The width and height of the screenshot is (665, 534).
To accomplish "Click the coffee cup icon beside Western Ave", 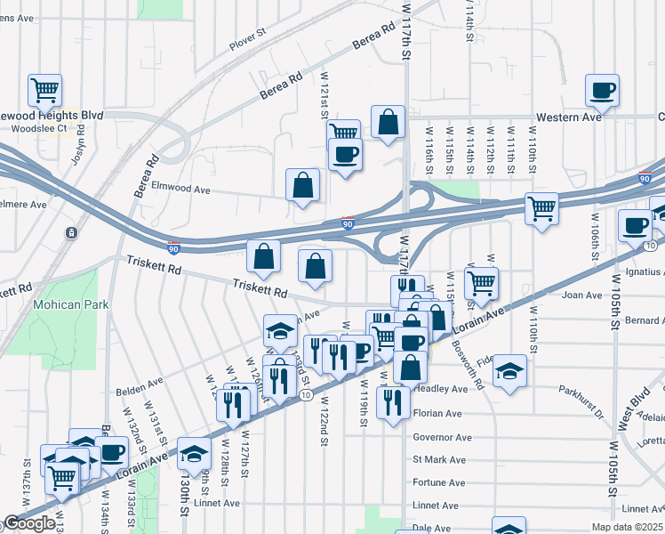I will (602, 90).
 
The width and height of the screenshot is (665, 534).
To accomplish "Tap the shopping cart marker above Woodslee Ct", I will (44, 90).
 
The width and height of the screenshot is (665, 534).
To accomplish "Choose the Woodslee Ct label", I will (39, 129).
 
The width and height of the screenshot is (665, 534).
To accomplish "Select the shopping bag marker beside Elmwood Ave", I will (303, 185).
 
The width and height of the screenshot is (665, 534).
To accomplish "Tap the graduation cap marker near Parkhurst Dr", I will (510, 370).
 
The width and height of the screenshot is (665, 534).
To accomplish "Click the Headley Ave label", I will (439, 389).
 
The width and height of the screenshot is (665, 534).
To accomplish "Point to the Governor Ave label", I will (442, 437).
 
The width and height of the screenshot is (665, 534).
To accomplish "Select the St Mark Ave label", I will (439, 460).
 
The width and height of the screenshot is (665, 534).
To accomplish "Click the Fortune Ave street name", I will (439, 482).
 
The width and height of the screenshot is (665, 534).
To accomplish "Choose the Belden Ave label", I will (140, 390).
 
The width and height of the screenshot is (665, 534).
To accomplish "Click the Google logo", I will (29, 523).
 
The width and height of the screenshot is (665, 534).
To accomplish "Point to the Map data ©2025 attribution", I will (627, 528).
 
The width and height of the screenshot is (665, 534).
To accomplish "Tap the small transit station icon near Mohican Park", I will (70, 233).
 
